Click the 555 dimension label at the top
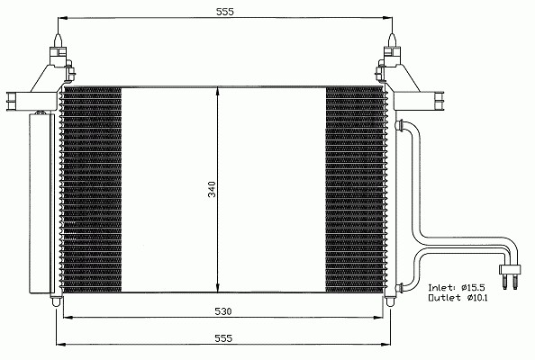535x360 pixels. [x=225, y=12]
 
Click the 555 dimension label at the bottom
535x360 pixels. [x=223, y=338]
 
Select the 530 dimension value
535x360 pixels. [x=223, y=311]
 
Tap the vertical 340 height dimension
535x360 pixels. [x=213, y=189]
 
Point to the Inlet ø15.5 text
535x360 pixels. [x=457, y=287]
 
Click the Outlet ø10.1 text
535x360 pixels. [x=458, y=298]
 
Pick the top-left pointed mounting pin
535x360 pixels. [x=58, y=40]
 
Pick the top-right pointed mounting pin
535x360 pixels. [x=392, y=40]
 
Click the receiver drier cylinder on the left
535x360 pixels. [x=41, y=203]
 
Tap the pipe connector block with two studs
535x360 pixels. [x=510, y=274]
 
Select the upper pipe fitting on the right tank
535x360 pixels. [x=399, y=125]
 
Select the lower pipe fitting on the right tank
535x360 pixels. [x=399, y=288]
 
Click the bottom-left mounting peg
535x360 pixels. [x=57, y=301]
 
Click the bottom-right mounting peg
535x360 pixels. [x=390, y=301]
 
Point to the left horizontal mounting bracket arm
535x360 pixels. [x=32, y=101]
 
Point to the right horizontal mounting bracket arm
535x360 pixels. [x=419, y=101]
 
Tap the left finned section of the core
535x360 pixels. [x=92, y=190]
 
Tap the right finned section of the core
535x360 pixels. [x=355, y=190]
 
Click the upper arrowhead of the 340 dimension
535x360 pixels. [x=218, y=92]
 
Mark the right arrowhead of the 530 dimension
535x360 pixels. [x=379, y=318]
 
